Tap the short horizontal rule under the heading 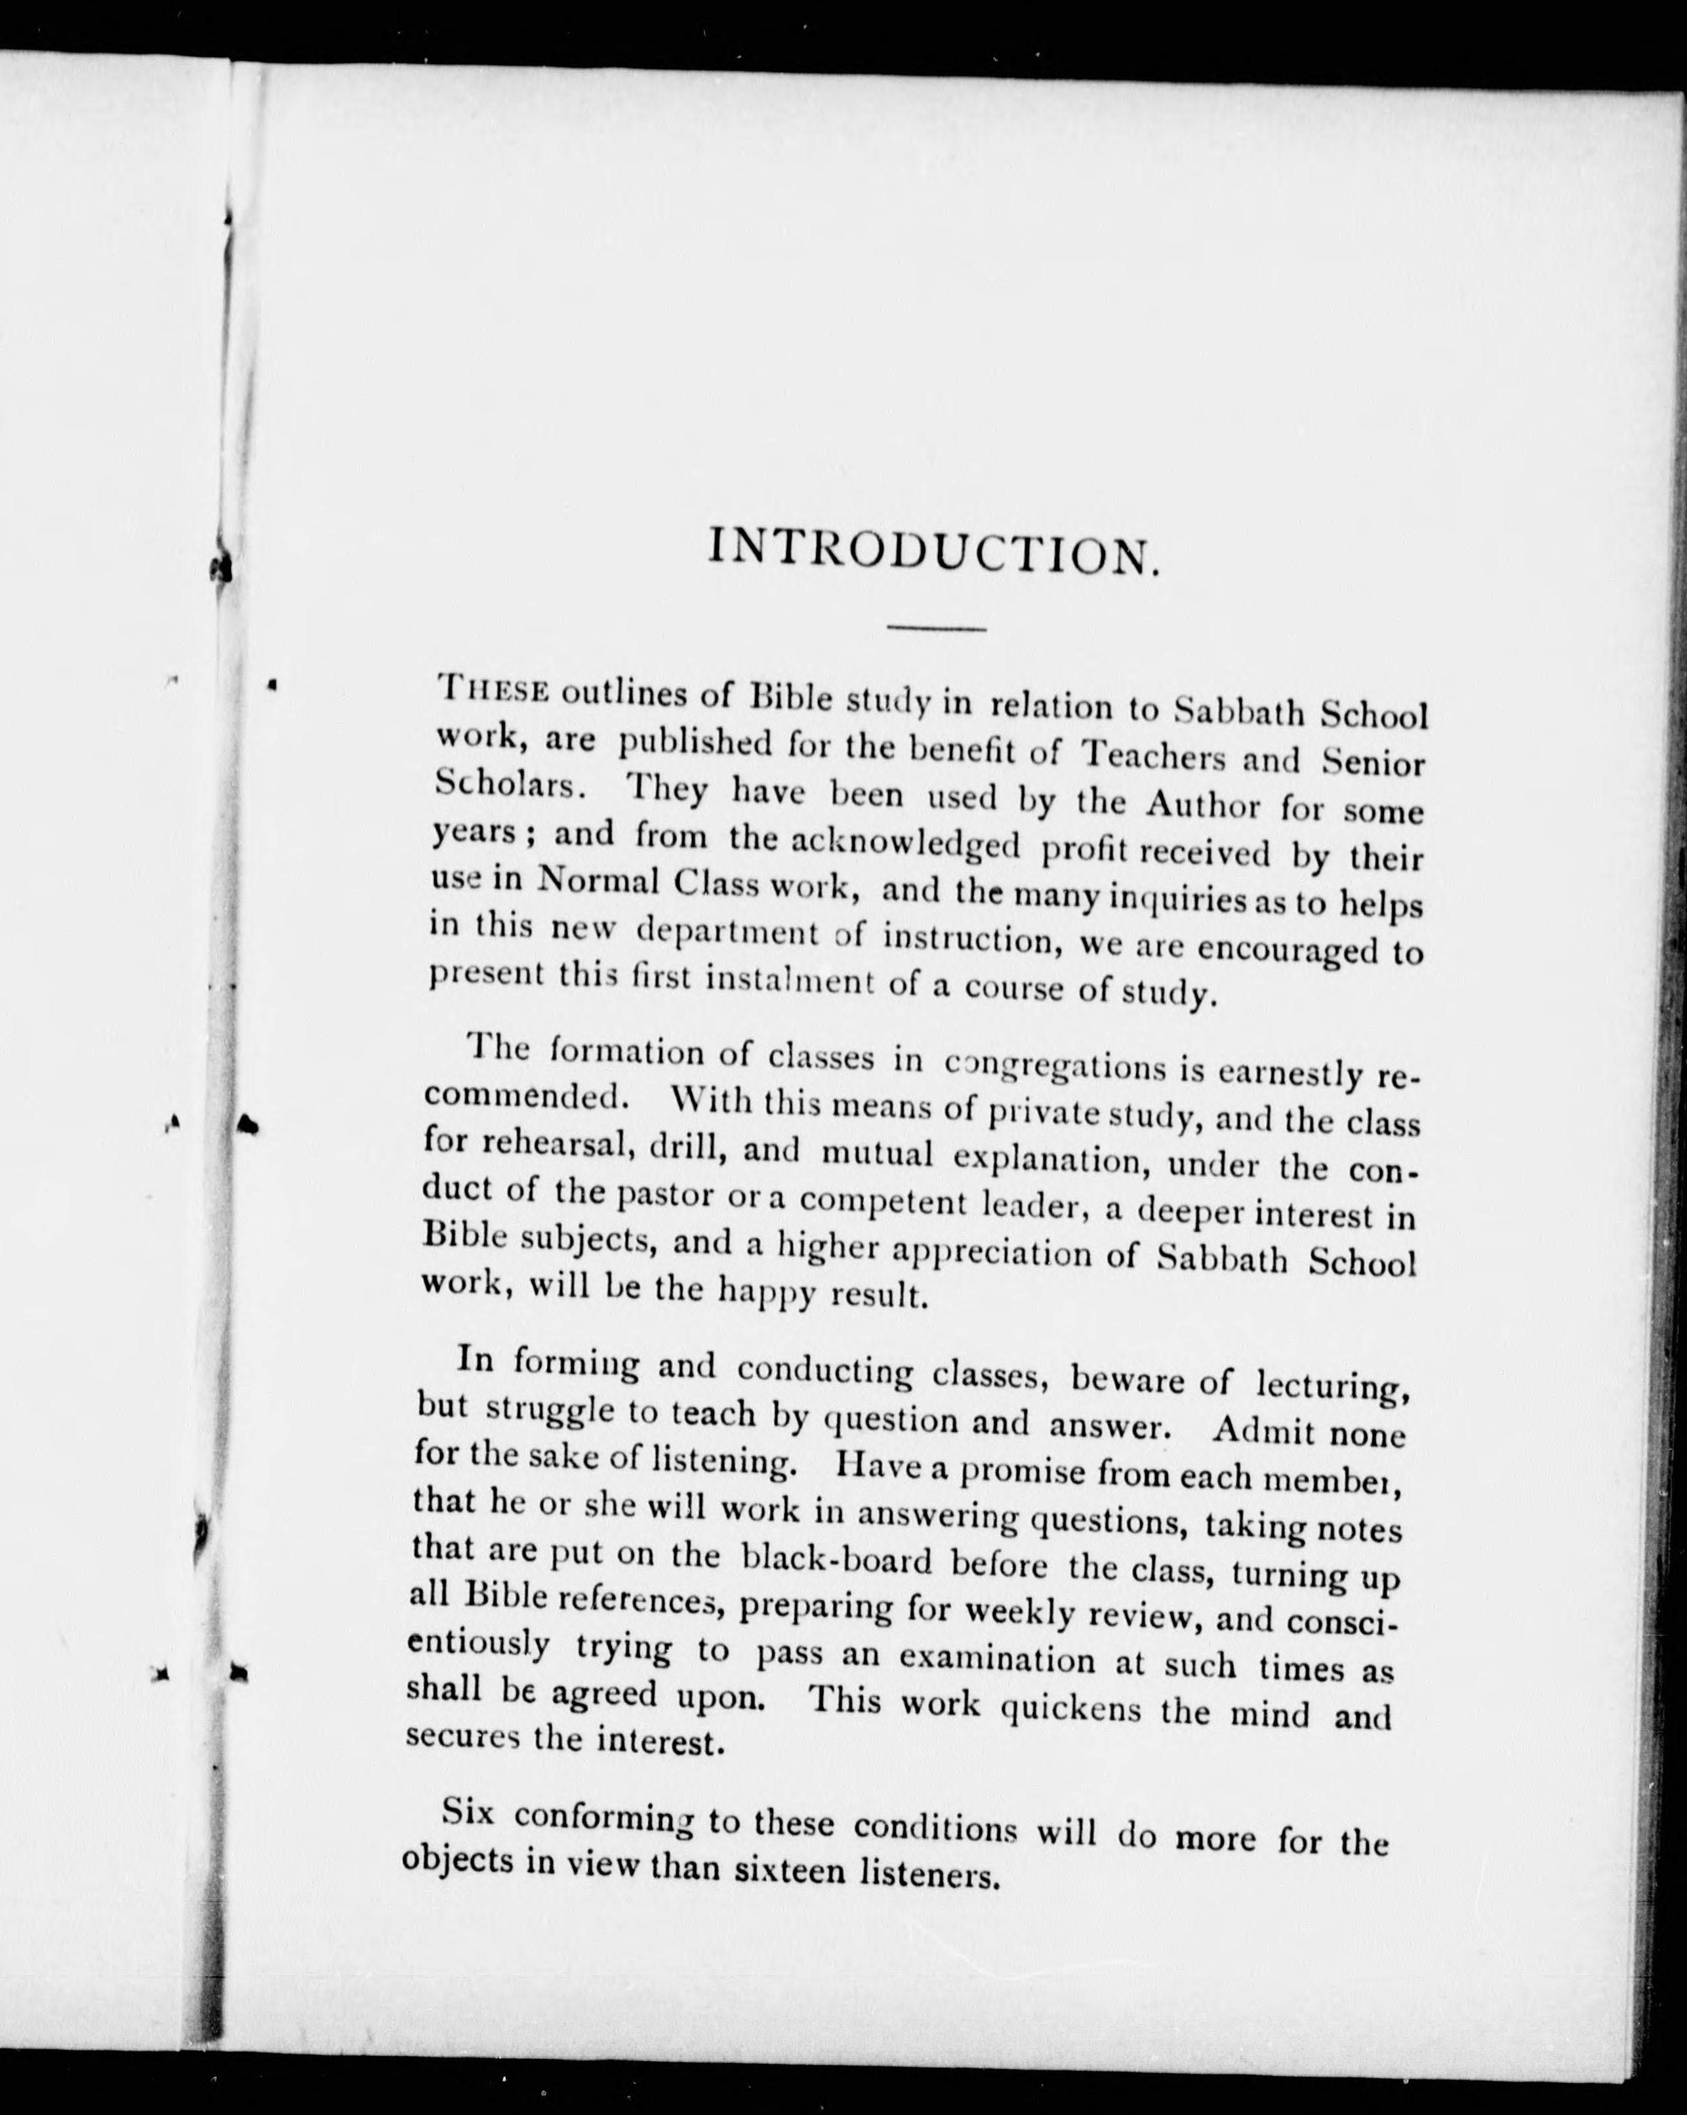tap(936, 628)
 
